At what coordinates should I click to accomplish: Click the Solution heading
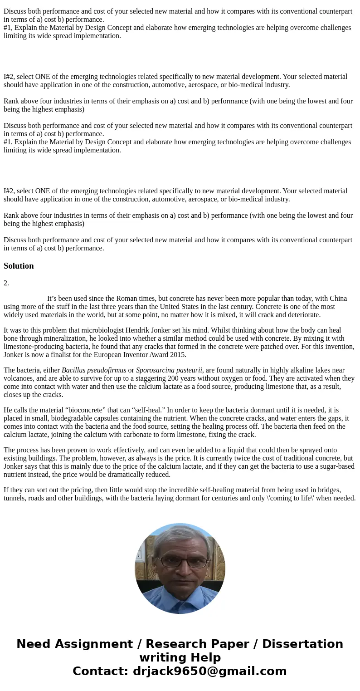point(19,266)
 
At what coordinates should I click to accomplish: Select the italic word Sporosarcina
point(155,370)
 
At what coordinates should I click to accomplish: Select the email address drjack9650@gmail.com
point(209,671)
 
